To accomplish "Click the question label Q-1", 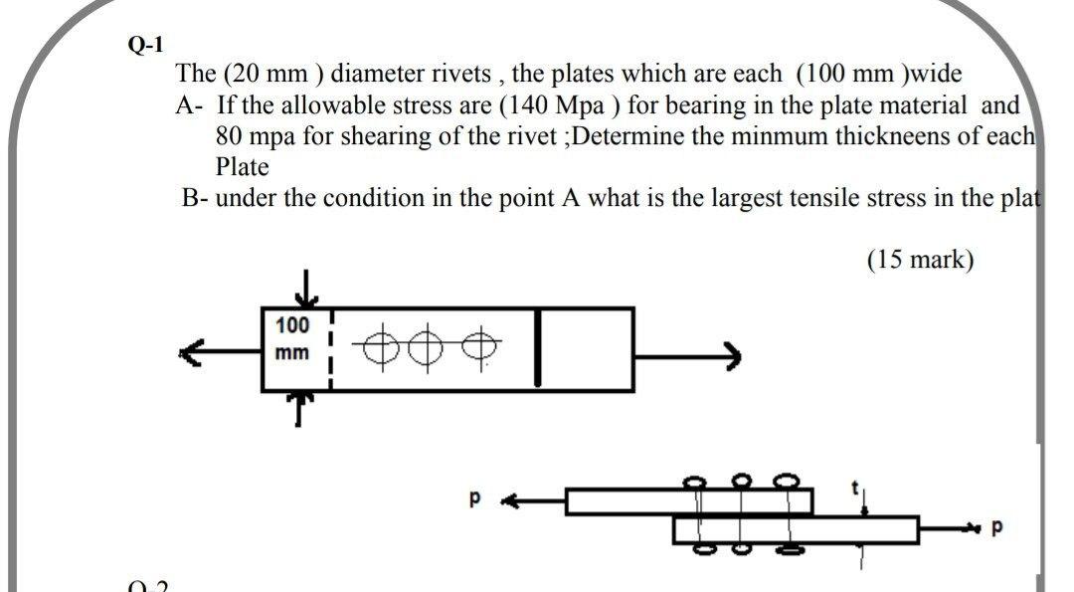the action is pyautogui.click(x=146, y=45).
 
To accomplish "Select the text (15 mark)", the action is pyautogui.click(x=920, y=260).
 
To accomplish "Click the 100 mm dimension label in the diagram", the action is pyautogui.click(x=292, y=338).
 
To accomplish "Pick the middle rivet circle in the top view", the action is pyautogui.click(x=429, y=349).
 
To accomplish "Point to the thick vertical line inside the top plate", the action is pyautogui.click(x=538, y=346).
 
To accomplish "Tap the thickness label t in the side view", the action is pyautogui.click(x=853, y=488).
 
